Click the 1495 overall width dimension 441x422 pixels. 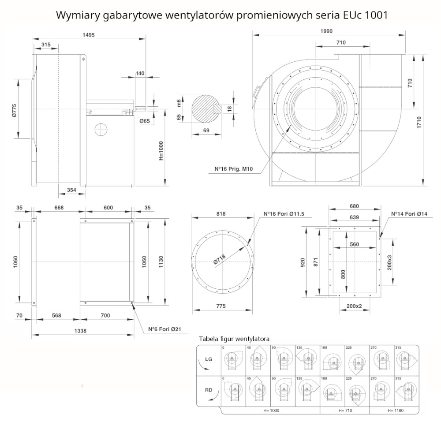88,35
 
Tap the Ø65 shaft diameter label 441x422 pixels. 145,120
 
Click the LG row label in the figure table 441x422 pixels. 209,359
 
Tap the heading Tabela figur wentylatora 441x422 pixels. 234,339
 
